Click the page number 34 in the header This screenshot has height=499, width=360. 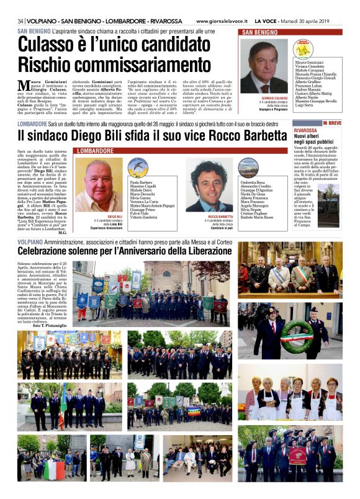pyautogui.click(x=22, y=20)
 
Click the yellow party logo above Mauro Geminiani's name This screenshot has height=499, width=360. pyautogui.click(x=304, y=50)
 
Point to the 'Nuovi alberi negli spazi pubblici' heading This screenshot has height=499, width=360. pyautogui.click(x=317, y=138)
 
